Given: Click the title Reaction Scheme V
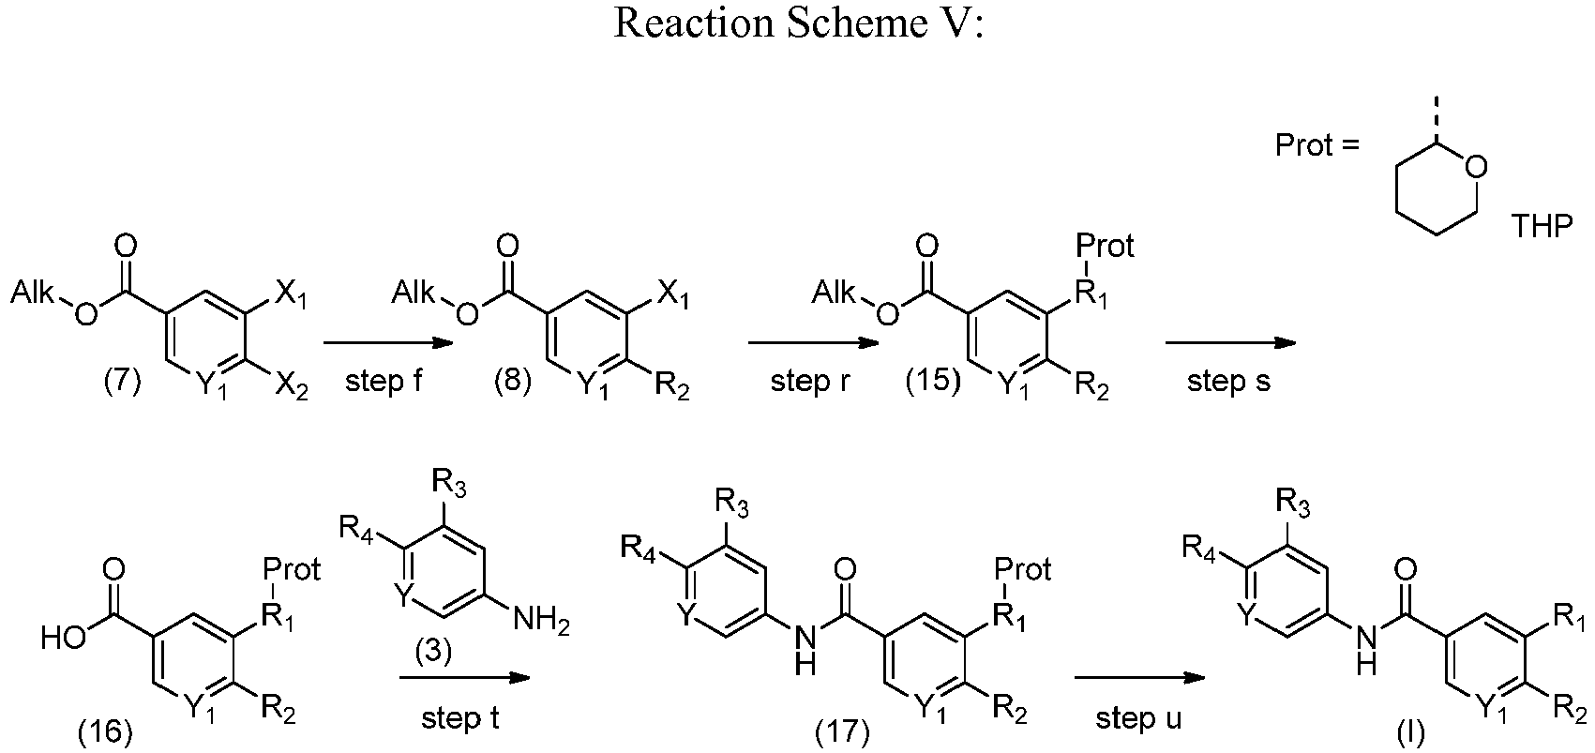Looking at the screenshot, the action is point(797,23).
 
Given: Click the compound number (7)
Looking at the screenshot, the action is point(123,382).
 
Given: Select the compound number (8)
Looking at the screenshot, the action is point(513,382).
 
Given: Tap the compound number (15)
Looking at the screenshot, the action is point(933,381).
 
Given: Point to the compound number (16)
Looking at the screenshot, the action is point(105,730).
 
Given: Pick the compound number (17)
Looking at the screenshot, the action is point(843,730).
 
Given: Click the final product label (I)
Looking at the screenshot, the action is point(1410,731).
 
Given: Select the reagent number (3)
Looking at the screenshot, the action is point(433,651).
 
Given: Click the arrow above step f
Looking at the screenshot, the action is point(389,343).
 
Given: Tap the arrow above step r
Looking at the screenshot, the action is point(813,343).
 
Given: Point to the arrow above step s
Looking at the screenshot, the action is point(1230,343).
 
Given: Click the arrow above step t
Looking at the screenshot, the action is point(465,678).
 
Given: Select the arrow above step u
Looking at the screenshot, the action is point(1139,678).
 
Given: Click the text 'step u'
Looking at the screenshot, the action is point(1138,717).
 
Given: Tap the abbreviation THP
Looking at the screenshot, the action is point(1542,227).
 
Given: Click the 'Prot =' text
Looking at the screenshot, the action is point(1317,145).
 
